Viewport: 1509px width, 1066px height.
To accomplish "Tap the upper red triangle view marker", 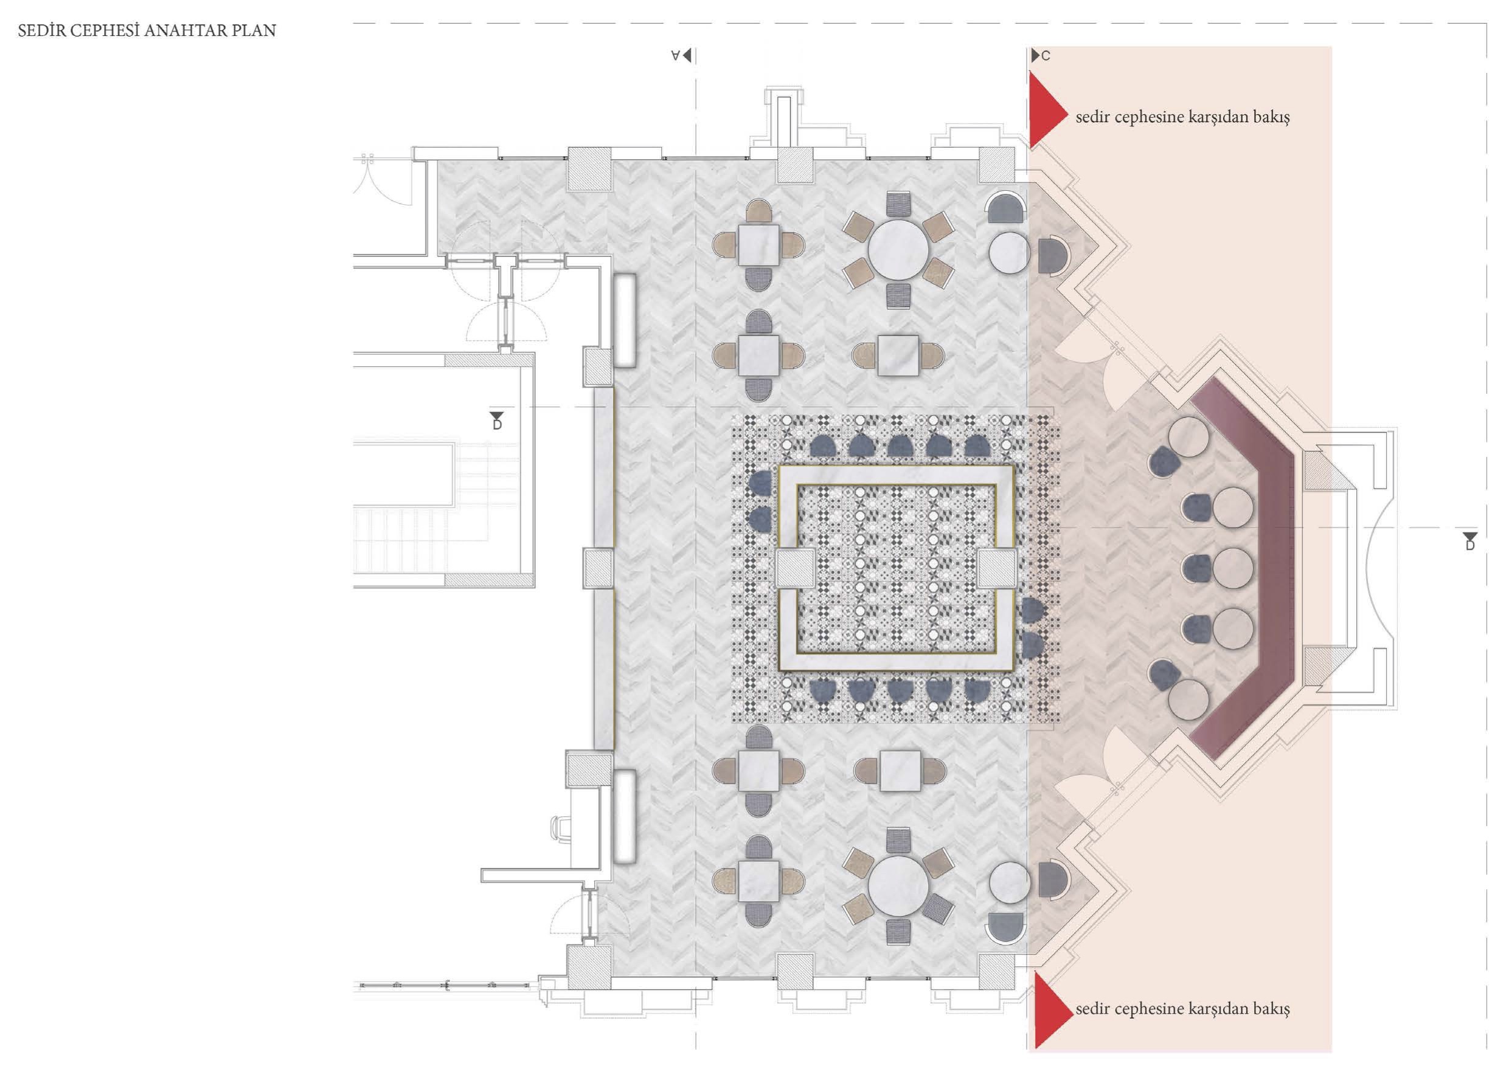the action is (x=1047, y=109).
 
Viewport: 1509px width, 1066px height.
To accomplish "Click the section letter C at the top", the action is (x=1046, y=57).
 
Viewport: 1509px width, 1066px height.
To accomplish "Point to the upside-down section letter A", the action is (x=675, y=56).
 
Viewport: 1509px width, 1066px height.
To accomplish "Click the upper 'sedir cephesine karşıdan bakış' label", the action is (x=1182, y=117).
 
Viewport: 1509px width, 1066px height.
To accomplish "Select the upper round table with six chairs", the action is (x=898, y=250).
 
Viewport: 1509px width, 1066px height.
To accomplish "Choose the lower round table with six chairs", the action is (x=898, y=886).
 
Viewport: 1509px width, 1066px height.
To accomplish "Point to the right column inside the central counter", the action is (x=997, y=568).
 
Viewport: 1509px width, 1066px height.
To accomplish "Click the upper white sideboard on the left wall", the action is (x=625, y=320).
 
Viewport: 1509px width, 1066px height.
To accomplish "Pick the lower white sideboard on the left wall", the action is (x=625, y=817).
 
